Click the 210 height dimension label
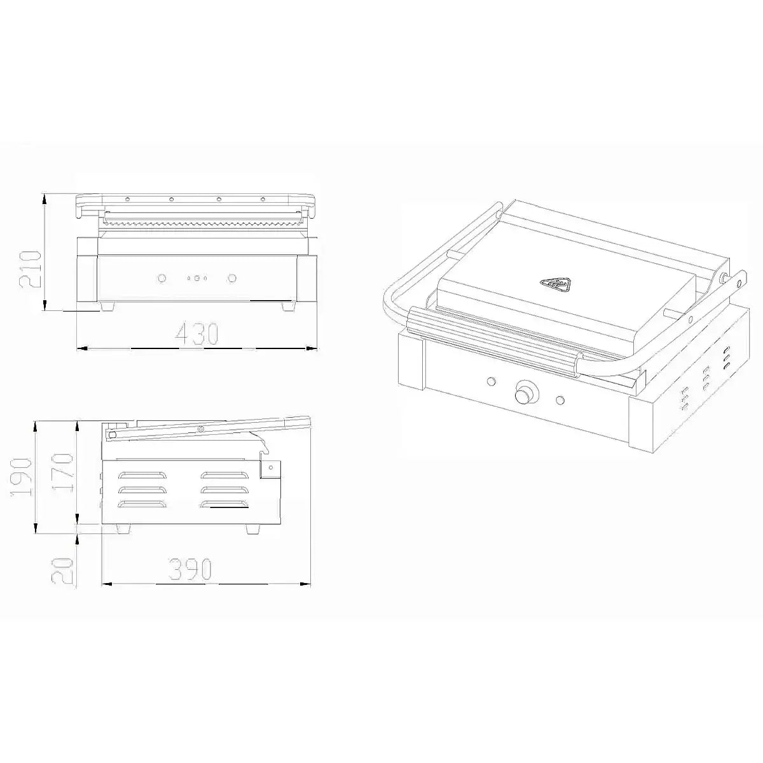pos(31,268)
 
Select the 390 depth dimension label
pos(190,570)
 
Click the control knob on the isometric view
pos(525,392)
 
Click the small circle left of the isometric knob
pos(490,381)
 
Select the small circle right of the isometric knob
pos(560,400)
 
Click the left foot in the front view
pos(106,306)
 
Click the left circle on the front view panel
pos(162,278)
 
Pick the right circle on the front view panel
pos(232,278)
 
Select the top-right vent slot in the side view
pos(223,474)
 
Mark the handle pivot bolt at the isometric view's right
pos(725,277)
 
